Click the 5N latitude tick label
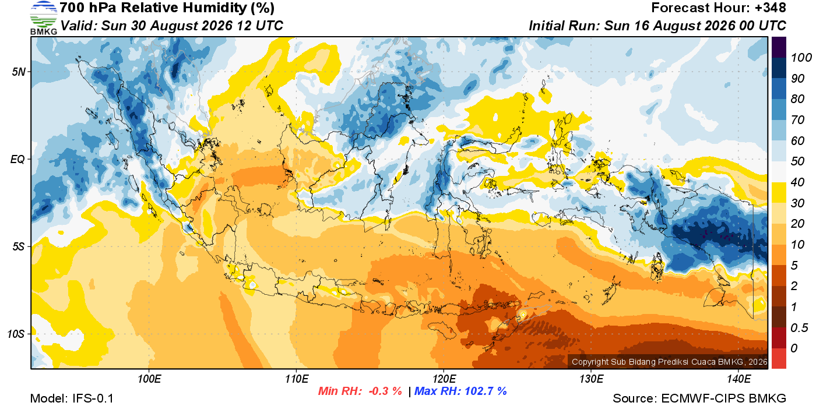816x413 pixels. (x=19, y=72)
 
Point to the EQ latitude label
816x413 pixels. (x=17, y=159)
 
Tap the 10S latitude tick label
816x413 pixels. (x=16, y=334)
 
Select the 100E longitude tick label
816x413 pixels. (x=149, y=379)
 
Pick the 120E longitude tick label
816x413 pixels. (x=444, y=379)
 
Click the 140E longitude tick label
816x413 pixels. (x=738, y=379)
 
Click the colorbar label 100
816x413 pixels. (x=801, y=58)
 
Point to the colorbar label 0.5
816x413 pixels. (x=799, y=328)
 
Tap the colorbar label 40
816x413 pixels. (x=797, y=182)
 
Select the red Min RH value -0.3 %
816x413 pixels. (x=385, y=391)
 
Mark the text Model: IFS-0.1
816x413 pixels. (x=72, y=398)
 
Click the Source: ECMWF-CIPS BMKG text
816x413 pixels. (x=699, y=398)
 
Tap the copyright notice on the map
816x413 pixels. (x=670, y=362)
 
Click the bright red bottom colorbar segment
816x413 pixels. (x=779, y=358)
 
